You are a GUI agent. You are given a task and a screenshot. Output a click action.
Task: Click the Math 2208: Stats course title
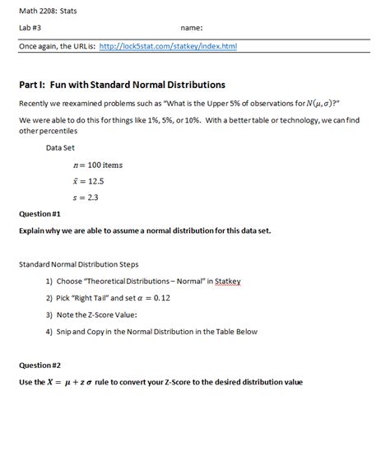tap(42, 11)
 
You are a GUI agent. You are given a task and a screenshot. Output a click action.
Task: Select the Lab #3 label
tap(30, 28)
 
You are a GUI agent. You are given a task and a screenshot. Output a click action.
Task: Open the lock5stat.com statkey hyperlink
tap(167, 46)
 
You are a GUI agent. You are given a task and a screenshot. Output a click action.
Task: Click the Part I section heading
tap(122, 84)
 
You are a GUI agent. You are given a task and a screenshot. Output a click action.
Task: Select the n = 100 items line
tap(97, 165)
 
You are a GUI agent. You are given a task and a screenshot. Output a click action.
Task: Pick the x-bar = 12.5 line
tap(87, 181)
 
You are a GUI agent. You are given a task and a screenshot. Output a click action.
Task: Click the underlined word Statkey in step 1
tap(226, 282)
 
